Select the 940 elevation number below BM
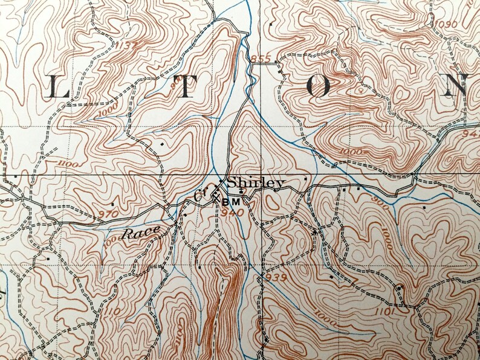click(232, 212)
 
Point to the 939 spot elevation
click(274, 277)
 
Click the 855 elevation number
click(261, 59)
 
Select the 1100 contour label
click(70, 164)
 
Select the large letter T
click(187, 89)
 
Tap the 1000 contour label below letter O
click(351, 151)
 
